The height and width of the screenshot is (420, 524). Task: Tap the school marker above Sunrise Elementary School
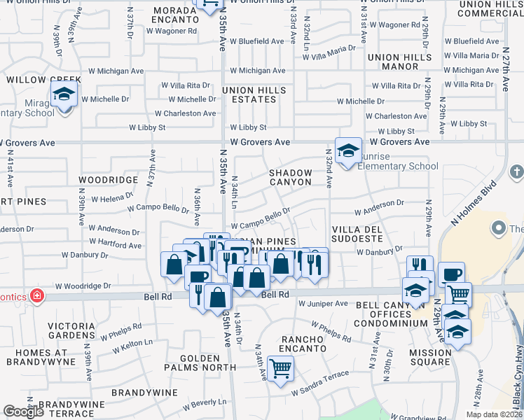click(x=348, y=150)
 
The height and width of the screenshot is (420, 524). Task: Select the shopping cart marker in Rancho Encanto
click(x=280, y=367)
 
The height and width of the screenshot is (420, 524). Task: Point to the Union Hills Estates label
click(x=254, y=94)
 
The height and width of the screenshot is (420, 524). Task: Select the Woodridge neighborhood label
click(x=108, y=180)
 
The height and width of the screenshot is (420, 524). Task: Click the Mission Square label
click(x=430, y=357)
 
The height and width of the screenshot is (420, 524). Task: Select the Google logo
click(x=24, y=412)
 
